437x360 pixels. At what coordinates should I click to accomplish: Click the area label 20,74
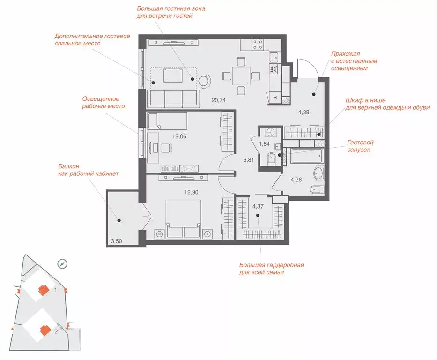click(x=218, y=100)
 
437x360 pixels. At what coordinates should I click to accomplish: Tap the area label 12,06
click(x=179, y=136)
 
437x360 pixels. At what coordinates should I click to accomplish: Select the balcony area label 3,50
click(x=116, y=241)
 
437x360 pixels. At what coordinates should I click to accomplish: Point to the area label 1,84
click(x=264, y=144)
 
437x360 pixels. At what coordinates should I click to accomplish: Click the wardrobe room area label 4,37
click(x=258, y=206)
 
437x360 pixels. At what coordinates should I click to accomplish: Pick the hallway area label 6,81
click(x=248, y=160)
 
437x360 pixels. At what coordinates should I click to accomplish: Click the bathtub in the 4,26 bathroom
click(x=306, y=156)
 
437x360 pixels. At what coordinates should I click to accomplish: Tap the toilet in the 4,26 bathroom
click(x=317, y=189)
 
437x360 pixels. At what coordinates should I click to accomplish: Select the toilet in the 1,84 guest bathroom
click(x=271, y=159)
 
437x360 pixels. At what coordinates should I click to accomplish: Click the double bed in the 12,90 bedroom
click(x=183, y=219)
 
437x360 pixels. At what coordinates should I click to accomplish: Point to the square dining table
click(x=241, y=75)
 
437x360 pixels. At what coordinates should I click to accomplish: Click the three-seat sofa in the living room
click(x=173, y=99)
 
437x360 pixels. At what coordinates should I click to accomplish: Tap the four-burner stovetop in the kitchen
click(x=258, y=45)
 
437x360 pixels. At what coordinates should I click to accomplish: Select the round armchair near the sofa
click(x=205, y=81)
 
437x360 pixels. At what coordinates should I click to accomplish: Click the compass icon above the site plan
click(x=62, y=264)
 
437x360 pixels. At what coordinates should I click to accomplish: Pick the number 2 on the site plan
click(x=56, y=331)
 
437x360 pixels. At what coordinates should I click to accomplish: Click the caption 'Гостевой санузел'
click(x=360, y=146)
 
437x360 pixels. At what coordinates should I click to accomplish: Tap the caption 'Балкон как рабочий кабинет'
click(x=89, y=170)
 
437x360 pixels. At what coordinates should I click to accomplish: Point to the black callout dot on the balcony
click(x=119, y=220)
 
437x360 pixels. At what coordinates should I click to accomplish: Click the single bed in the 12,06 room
click(x=167, y=121)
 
